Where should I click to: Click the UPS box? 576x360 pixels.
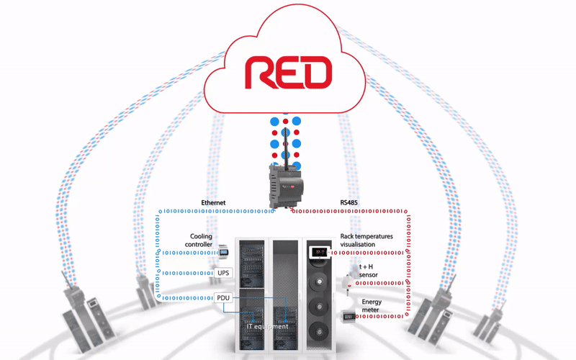(223, 274)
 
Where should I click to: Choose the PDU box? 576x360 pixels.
(223, 297)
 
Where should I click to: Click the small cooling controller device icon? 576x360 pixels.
(223, 252)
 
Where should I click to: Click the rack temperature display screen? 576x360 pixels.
(318, 253)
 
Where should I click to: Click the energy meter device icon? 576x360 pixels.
(349, 316)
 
